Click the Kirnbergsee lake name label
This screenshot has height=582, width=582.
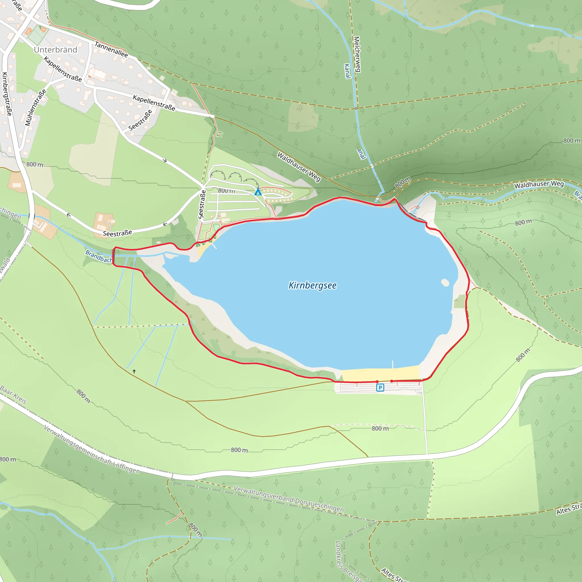(x=312, y=285)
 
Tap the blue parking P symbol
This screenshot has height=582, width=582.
(x=380, y=387)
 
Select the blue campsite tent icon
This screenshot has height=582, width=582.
(x=258, y=192)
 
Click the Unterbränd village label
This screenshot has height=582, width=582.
(x=55, y=50)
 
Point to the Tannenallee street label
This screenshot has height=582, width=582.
(x=111, y=50)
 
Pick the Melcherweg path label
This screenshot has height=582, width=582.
(x=357, y=54)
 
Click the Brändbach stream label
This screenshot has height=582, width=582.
(x=99, y=256)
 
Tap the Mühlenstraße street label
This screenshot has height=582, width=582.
(x=36, y=108)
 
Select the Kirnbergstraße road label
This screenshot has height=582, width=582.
(x=7, y=94)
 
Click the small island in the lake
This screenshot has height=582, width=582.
(x=445, y=282)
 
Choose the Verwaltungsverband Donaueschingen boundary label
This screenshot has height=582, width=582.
(x=289, y=499)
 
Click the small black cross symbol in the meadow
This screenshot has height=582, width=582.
(x=134, y=371)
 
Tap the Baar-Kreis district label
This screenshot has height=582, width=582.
(x=14, y=394)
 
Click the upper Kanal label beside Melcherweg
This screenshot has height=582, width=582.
(x=347, y=71)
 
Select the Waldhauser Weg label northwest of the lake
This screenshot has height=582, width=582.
(x=299, y=167)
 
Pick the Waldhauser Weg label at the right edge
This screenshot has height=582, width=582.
(x=539, y=184)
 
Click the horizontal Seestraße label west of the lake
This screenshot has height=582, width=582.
(x=117, y=233)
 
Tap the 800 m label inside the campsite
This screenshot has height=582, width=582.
(x=226, y=190)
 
